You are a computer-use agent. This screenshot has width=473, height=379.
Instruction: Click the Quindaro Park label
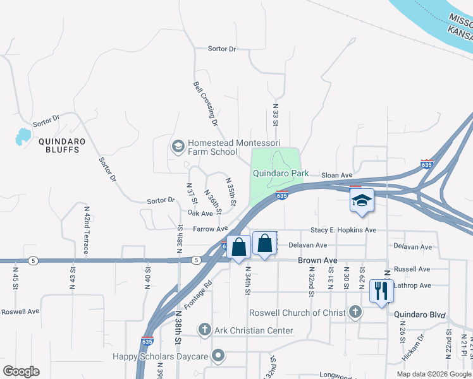click(x=281, y=173)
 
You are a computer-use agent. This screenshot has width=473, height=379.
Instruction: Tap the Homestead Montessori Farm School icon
click(x=178, y=147)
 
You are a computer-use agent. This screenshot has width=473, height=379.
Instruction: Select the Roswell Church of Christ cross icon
click(x=355, y=312)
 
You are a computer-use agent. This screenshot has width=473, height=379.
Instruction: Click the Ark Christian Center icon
click(x=204, y=330)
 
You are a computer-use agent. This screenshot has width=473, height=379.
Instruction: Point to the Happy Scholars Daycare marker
click(x=218, y=356)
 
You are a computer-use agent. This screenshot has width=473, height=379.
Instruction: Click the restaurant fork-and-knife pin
click(x=380, y=291)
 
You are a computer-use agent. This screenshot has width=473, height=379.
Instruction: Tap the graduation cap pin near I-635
click(x=362, y=201)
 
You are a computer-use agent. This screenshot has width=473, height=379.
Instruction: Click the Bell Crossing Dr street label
click(x=206, y=102)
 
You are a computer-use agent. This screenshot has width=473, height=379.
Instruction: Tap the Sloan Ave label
click(x=336, y=175)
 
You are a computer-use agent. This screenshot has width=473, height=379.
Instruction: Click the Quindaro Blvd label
click(x=420, y=314)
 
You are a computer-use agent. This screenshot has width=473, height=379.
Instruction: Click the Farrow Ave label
click(x=211, y=229)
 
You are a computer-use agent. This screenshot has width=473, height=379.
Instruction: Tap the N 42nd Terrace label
click(x=86, y=229)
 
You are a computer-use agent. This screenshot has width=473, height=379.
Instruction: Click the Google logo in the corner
click(x=21, y=371)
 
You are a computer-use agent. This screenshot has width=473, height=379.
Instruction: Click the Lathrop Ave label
click(x=413, y=286)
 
